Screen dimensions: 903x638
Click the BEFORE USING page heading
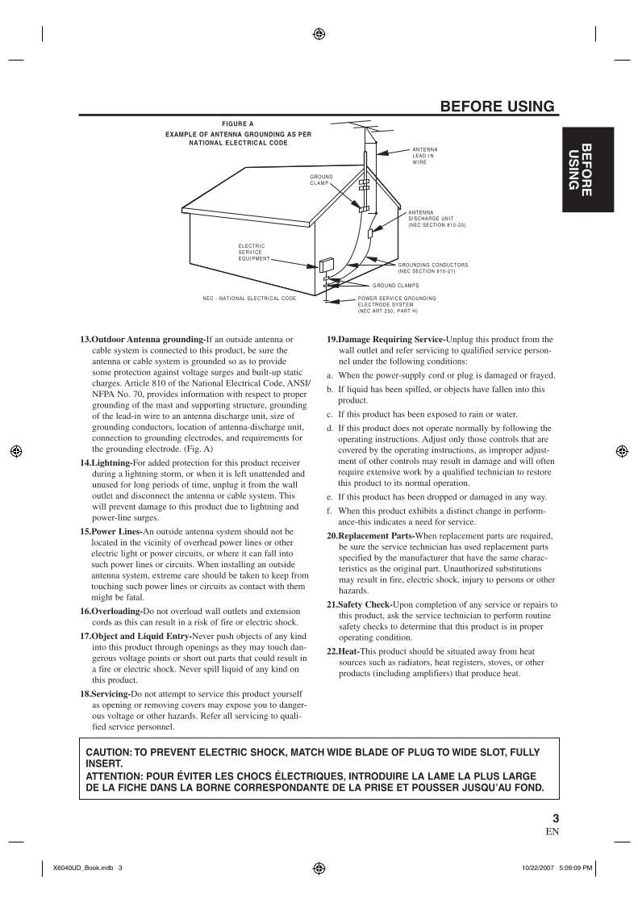click(497, 107)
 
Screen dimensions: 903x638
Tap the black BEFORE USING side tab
click(579, 169)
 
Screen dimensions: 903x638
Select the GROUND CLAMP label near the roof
click(321, 179)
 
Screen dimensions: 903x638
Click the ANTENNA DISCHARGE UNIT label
click(436, 218)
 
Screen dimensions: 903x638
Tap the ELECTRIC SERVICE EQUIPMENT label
click(252, 252)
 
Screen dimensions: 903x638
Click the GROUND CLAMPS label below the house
click(395, 285)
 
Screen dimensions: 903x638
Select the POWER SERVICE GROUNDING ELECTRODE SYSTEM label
click(397, 303)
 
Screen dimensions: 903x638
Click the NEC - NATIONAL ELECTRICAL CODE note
click(249, 298)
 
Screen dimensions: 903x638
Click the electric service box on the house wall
click(327, 265)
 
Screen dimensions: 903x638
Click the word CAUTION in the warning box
click(108, 752)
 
